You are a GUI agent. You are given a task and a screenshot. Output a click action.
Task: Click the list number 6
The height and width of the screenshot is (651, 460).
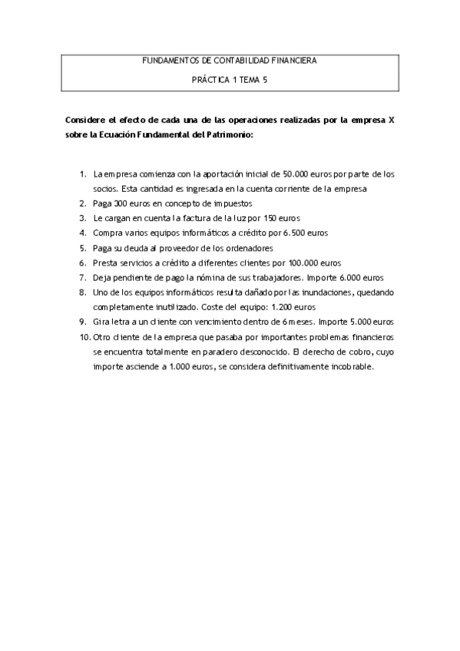click(83, 262)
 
